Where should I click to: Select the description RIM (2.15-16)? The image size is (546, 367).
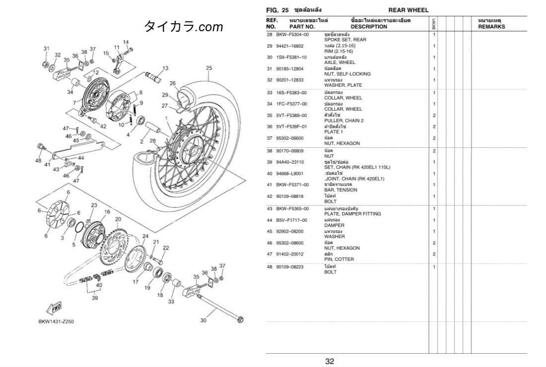(339, 52)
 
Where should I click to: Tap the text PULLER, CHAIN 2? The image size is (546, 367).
(343, 121)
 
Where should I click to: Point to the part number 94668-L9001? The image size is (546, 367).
(293, 174)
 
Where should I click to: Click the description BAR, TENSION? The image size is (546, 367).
(341, 190)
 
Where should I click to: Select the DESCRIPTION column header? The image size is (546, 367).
(368, 27)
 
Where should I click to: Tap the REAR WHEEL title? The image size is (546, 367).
(408, 10)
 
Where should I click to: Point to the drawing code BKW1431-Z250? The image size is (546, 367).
(56, 322)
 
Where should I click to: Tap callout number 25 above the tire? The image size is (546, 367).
(209, 68)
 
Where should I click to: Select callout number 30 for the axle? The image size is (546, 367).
(203, 320)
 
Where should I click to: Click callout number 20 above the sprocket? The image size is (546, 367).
(118, 219)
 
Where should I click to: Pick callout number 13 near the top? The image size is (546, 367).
(165, 68)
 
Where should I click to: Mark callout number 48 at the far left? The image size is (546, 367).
(38, 161)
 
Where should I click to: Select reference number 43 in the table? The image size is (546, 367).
(270, 208)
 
